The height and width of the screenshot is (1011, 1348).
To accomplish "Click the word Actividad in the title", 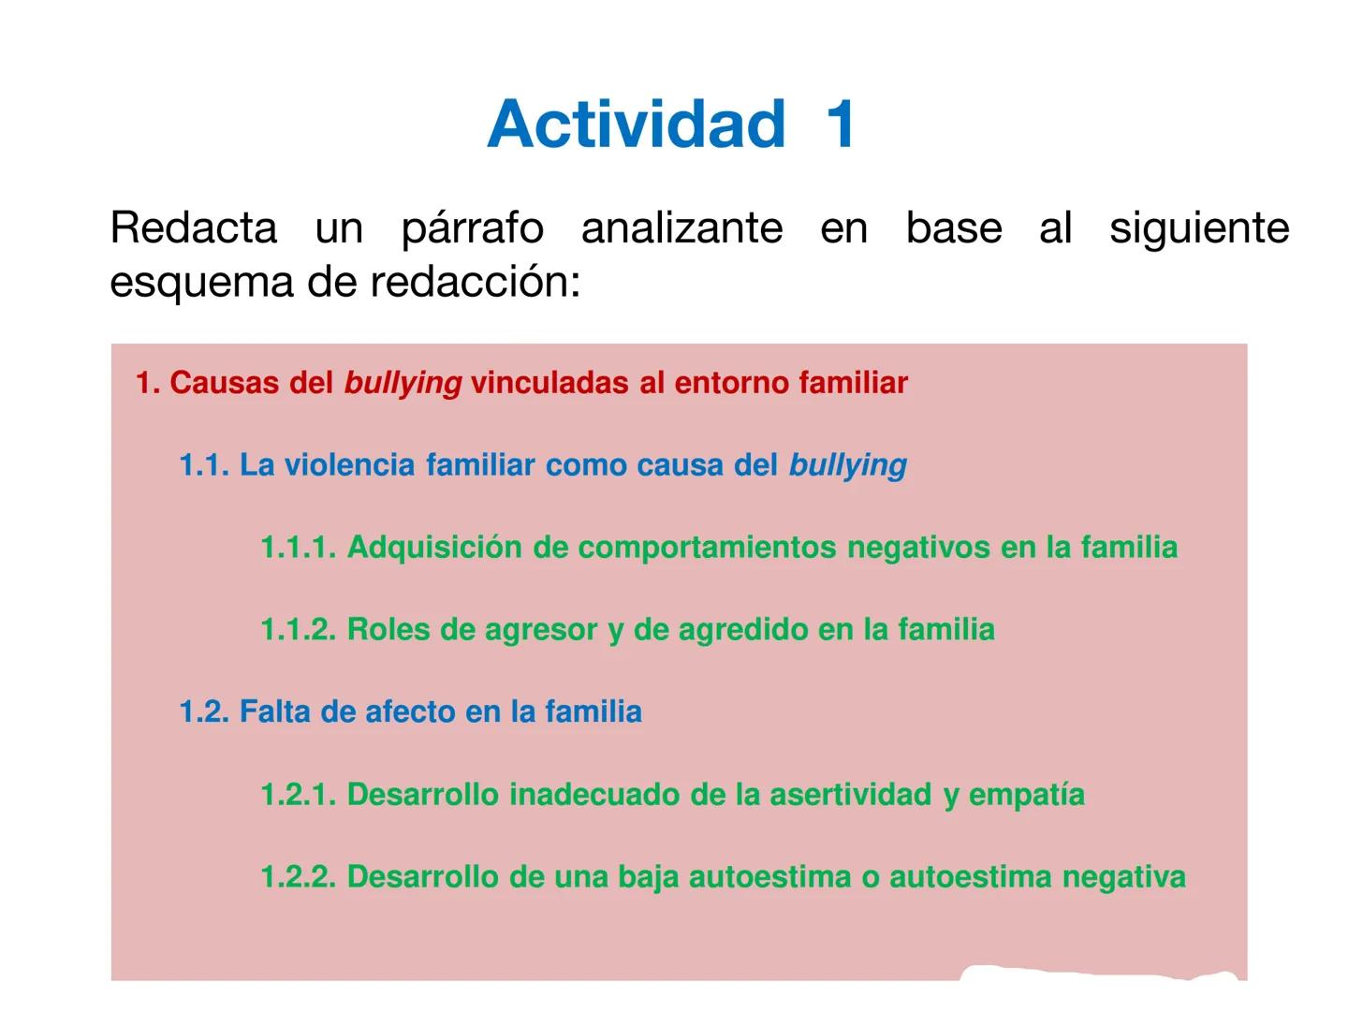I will coord(636,124).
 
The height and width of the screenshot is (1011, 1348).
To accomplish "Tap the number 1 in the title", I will coord(840,124).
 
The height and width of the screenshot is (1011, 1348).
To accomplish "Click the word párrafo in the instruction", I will coord(472,227).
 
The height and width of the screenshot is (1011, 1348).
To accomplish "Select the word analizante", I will coord(681,227).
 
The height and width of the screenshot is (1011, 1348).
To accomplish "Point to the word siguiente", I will coord(1199,227).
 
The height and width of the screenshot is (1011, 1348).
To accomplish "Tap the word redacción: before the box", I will coord(476,282).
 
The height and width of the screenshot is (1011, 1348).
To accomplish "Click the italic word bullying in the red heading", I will coord(403,383).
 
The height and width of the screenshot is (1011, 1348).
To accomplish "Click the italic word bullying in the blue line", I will coord(847,465).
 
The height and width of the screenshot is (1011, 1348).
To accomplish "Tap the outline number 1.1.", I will coord(204,465).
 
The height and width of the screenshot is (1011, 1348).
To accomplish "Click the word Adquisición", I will coord(434,548).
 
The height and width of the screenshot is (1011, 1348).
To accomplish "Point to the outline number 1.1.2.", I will coord(298,630).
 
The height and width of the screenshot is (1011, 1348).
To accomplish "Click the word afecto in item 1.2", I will coord(410,712).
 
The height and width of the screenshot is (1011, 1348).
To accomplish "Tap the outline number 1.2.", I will coord(204,712).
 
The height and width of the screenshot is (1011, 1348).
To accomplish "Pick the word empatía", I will coord(1026,795).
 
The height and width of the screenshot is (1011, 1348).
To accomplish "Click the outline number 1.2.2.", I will coord(298,877).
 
